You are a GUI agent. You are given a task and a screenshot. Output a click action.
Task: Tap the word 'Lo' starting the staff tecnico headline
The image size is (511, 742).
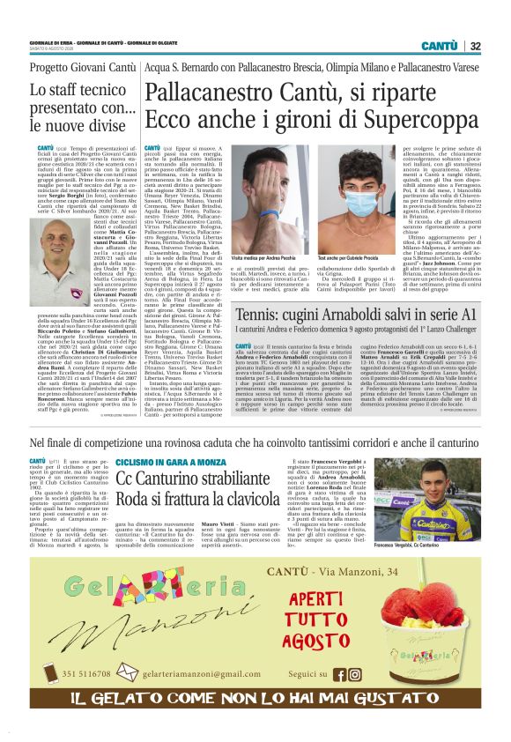click(37, 89)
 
